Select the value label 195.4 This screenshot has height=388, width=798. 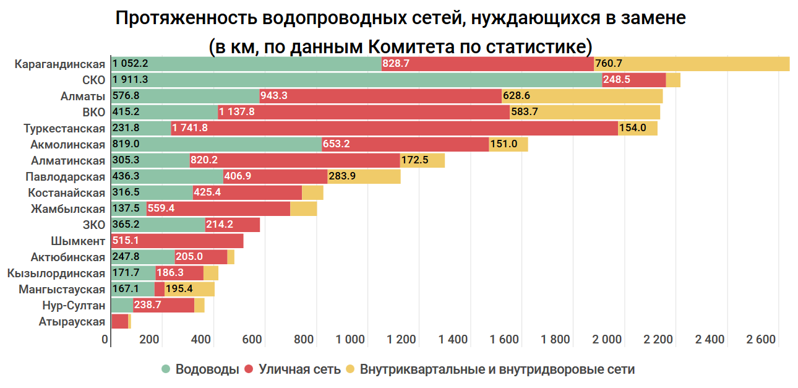[x=179, y=289]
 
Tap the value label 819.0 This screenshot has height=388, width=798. [x=126, y=144]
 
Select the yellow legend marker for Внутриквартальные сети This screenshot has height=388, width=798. [x=350, y=369]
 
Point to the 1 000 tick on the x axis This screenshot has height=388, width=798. [x=351, y=339]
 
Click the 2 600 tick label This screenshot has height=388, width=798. [x=761, y=339]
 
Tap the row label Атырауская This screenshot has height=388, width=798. [x=72, y=321]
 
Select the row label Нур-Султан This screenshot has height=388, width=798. [x=74, y=305]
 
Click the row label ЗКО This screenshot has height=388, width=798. [x=93, y=225]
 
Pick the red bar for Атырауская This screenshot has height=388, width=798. [x=119, y=321]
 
